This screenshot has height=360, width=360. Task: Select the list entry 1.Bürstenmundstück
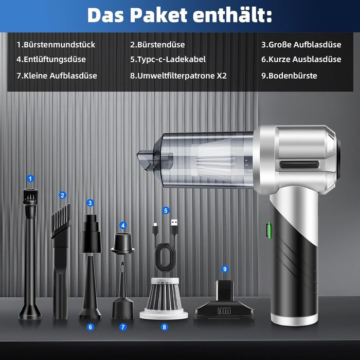point(56,45)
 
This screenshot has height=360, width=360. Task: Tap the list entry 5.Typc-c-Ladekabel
point(168,59)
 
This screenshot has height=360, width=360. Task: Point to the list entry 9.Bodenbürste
point(289,76)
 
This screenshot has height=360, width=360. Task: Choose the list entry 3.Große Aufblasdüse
point(301,45)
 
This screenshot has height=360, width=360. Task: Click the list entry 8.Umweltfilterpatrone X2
point(178,76)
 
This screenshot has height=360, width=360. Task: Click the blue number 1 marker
point(30,178)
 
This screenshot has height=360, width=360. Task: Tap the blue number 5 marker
point(166,210)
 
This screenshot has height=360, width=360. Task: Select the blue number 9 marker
point(225,269)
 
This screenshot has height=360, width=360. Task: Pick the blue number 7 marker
point(123,327)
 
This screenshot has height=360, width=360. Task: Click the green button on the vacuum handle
point(268,229)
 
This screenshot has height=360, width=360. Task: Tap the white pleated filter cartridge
point(164,298)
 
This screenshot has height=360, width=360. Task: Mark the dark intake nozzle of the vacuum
point(154,159)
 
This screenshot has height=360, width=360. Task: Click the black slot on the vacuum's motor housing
point(299,165)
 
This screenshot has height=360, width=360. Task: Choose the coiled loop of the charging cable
point(166,257)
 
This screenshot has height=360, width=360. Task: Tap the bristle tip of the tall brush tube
point(30,196)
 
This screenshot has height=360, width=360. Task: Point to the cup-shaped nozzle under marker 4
point(123,243)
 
